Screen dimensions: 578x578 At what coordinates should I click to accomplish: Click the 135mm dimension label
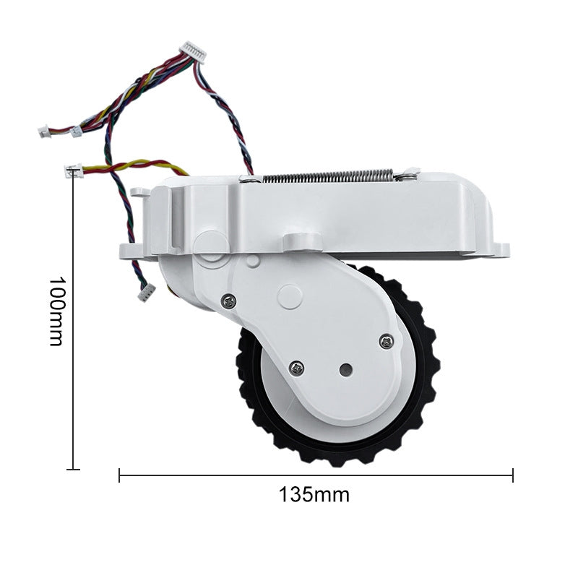[314, 495]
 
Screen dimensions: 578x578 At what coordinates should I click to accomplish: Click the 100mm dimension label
[56, 311]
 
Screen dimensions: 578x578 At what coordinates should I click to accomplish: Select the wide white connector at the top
[193, 51]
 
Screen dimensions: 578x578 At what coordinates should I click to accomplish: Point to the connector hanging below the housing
[147, 292]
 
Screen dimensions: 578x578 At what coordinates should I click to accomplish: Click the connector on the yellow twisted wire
[73, 171]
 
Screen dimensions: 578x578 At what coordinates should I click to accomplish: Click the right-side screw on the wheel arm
[387, 341]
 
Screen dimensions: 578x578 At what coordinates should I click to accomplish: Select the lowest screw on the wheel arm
[297, 368]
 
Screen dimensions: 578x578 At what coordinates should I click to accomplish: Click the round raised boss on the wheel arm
[289, 296]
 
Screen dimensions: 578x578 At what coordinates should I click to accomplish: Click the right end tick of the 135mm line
[512, 475]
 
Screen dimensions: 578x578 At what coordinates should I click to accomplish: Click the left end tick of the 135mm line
[119, 475]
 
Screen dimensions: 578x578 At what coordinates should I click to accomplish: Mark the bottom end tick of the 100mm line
[73, 470]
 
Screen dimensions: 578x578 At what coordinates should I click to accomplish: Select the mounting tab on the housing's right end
[499, 250]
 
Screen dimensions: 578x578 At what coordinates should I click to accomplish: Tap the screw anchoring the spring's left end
[248, 178]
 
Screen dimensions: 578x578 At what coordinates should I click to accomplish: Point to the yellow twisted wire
[130, 166]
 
